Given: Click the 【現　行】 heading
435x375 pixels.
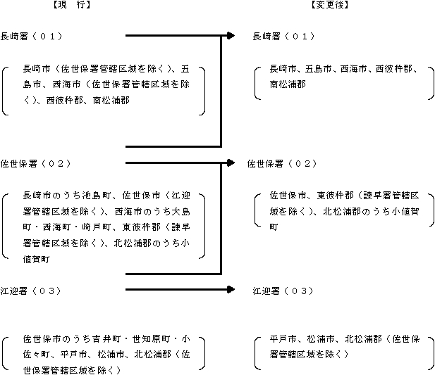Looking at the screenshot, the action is click(72, 5).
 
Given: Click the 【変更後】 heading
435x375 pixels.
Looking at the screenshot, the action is click(329, 5).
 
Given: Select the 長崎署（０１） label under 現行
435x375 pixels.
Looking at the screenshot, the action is click(31, 37).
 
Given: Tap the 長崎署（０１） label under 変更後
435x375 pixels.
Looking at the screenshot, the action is click(283, 37).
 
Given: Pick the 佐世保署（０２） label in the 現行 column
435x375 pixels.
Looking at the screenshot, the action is click(36, 163).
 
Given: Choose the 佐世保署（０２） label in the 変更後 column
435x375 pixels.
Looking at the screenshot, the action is click(282, 163).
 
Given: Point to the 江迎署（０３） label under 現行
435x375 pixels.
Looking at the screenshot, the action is click(30, 291).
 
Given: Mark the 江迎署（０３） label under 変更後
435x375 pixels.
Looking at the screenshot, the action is click(283, 291).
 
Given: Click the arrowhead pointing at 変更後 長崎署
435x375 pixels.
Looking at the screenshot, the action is click(231, 35).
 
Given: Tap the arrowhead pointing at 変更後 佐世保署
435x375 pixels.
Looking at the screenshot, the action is click(231, 163).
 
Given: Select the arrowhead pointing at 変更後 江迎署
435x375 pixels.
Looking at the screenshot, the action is click(231, 289).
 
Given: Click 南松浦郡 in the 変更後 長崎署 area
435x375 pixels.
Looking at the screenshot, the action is click(288, 84).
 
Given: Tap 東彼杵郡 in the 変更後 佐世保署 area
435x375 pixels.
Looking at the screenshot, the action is click(336, 196).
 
